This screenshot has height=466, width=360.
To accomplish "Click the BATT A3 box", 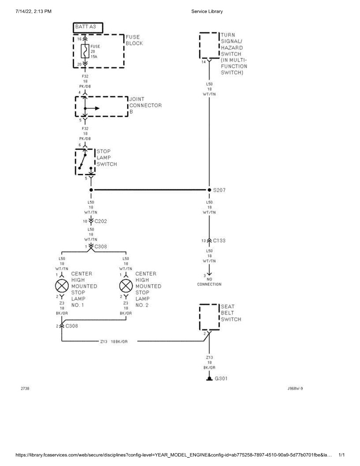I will click(x=87, y=27).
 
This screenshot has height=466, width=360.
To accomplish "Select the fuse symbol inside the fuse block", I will click(x=85, y=51).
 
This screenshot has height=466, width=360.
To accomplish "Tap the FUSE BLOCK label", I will click(x=134, y=40).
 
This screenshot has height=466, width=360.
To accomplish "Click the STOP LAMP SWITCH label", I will click(x=107, y=158).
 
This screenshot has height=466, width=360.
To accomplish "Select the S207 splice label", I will click(x=219, y=190).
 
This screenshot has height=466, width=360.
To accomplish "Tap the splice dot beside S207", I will click(x=209, y=190).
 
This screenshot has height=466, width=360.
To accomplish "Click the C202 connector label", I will click(x=101, y=221).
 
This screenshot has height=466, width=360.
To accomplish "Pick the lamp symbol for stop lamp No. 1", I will click(x=61, y=286).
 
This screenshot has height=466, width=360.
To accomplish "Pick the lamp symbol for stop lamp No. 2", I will click(x=126, y=286).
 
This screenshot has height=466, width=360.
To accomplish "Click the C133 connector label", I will click(x=219, y=241).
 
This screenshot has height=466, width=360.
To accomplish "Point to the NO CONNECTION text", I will click(x=209, y=282).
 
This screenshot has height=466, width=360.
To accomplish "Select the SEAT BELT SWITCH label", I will click(x=231, y=313).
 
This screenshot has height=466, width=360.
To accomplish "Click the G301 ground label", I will click(x=221, y=379).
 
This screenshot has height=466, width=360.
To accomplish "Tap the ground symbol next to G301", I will click(x=209, y=379).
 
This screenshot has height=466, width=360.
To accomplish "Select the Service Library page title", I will click(x=207, y=11).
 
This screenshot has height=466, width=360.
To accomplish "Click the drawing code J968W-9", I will click(x=295, y=389).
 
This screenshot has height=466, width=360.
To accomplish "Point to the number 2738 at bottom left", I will click(x=25, y=389).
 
